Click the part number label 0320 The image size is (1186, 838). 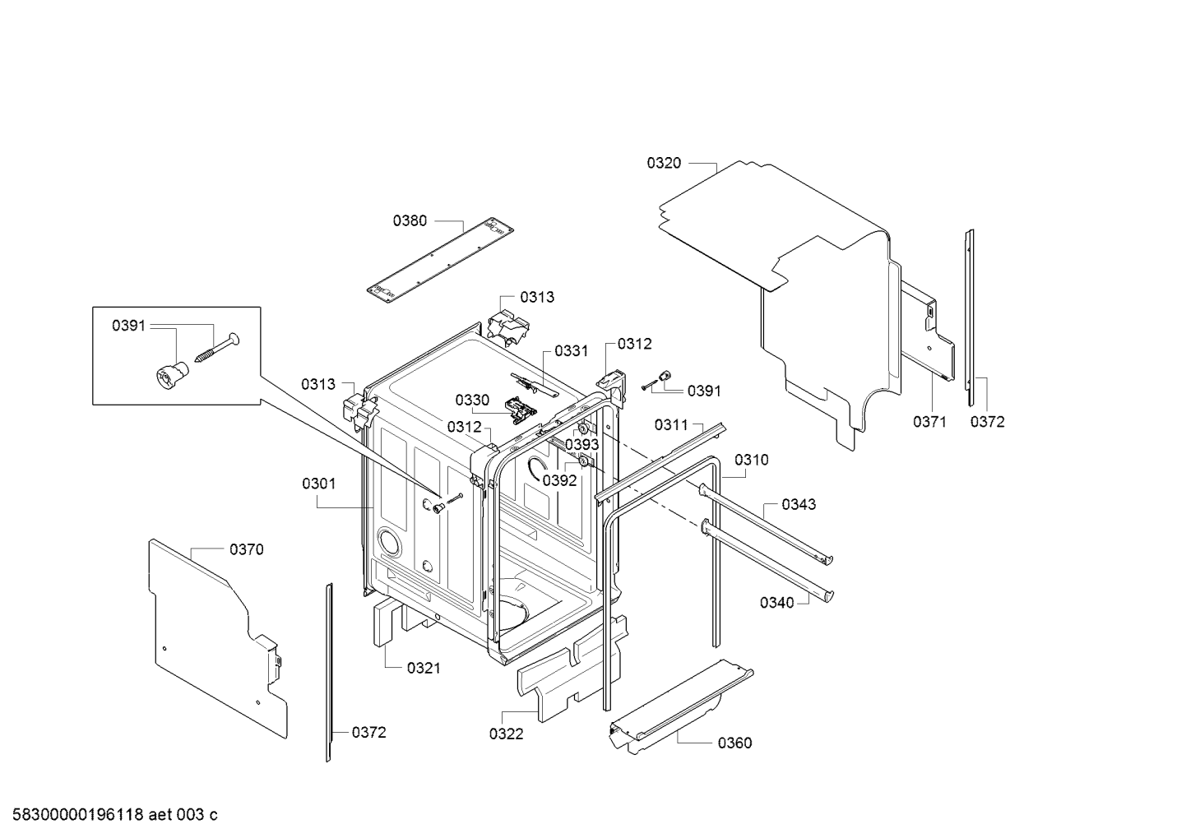(x=664, y=163)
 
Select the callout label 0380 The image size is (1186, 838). (x=410, y=220)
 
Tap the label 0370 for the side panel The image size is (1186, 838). (x=247, y=549)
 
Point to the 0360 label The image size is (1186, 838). (x=735, y=743)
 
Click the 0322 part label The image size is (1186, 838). (x=506, y=734)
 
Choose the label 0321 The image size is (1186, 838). (x=424, y=668)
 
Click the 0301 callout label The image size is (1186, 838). (x=319, y=484)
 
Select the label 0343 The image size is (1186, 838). (x=799, y=504)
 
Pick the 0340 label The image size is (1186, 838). (x=777, y=603)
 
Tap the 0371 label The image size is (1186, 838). (x=929, y=422)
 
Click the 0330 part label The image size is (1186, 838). (x=472, y=400)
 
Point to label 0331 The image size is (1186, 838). (x=572, y=351)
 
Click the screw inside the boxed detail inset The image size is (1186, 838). (x=217, y=348)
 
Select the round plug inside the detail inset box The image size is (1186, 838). (x=170, y=375)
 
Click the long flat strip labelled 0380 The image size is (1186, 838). (x=441, y=261)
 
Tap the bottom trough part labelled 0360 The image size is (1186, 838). (x=682, y=706)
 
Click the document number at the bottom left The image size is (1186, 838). (x=115, y=815)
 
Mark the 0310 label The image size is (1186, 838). (x=752, y=460)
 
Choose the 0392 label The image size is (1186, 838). (x=559, y=480)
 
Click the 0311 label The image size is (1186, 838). (x=671, y=424)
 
